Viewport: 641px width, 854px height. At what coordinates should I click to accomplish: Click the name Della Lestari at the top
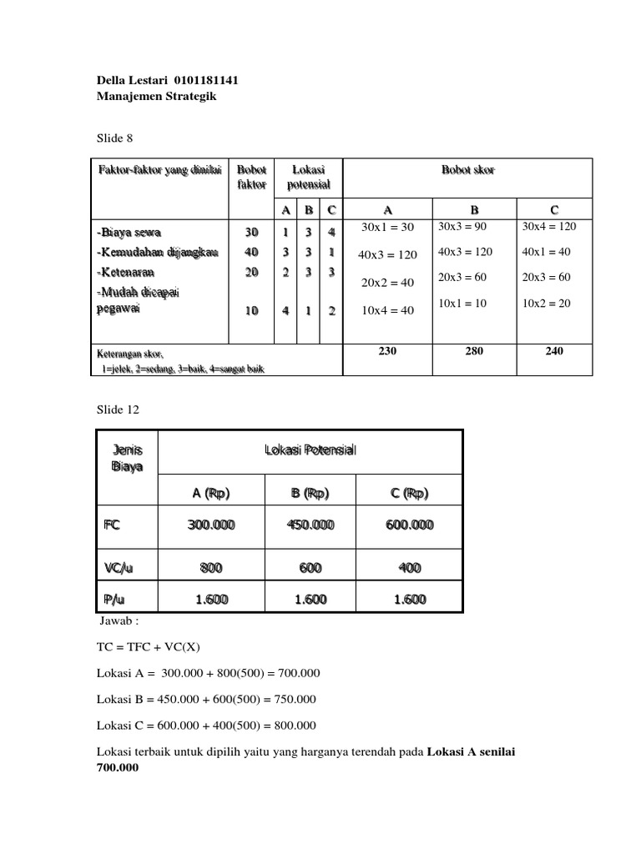[133, 81]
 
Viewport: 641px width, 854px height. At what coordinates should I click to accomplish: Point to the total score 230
[387, 351]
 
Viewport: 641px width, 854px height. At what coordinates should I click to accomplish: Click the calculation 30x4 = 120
[549, 226]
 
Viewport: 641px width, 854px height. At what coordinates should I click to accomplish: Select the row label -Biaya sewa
[130, 231]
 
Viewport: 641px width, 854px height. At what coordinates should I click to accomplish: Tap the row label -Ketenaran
[127, 271]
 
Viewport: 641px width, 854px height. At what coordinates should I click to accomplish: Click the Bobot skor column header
[467, 170]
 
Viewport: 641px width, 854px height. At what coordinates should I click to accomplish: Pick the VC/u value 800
[211, 568]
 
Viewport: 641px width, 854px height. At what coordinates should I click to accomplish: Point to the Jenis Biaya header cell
[127, 458]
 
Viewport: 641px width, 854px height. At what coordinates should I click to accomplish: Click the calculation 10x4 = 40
[387, 311]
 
